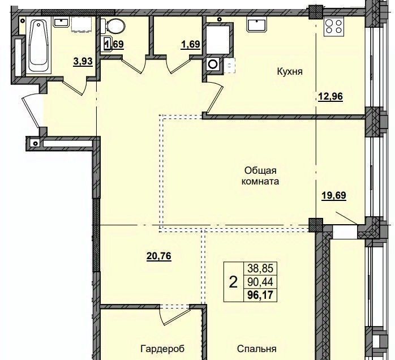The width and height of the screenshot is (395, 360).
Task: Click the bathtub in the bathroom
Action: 38,46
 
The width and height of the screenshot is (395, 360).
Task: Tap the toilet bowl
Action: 113,26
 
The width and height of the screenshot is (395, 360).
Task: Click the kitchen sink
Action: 257,25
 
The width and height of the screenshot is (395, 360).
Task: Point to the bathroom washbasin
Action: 61,23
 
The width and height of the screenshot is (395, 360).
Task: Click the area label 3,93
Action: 83,61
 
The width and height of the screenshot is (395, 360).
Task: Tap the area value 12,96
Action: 330,96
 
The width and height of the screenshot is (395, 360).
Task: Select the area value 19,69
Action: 334,195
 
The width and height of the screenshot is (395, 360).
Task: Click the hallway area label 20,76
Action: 158,256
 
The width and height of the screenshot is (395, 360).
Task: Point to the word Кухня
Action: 289,72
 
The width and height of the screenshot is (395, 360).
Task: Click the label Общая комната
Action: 260,176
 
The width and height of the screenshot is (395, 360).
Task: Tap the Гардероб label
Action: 162,349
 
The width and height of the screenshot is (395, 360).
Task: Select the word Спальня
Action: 257,349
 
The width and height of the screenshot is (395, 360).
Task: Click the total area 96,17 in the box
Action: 260,295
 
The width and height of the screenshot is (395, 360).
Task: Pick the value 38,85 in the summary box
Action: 260,268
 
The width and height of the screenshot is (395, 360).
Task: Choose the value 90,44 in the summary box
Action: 260,282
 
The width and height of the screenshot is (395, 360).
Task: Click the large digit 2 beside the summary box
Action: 233,282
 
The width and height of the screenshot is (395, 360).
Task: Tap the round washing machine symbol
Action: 213,64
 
